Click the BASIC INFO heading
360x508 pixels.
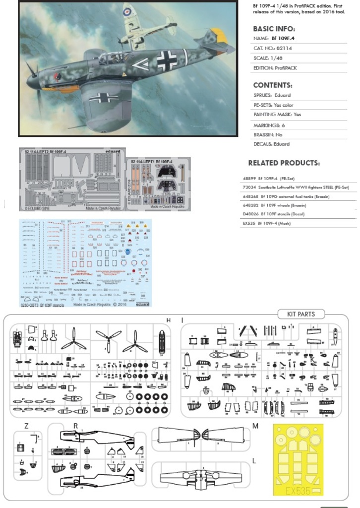pos(274,29)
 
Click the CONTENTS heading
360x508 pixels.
pos(272,85)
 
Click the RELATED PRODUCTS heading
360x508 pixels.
pos(284,163)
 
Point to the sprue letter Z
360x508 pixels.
pos(26,426)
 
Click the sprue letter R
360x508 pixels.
pos(75,426)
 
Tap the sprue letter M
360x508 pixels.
pos(255,426)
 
